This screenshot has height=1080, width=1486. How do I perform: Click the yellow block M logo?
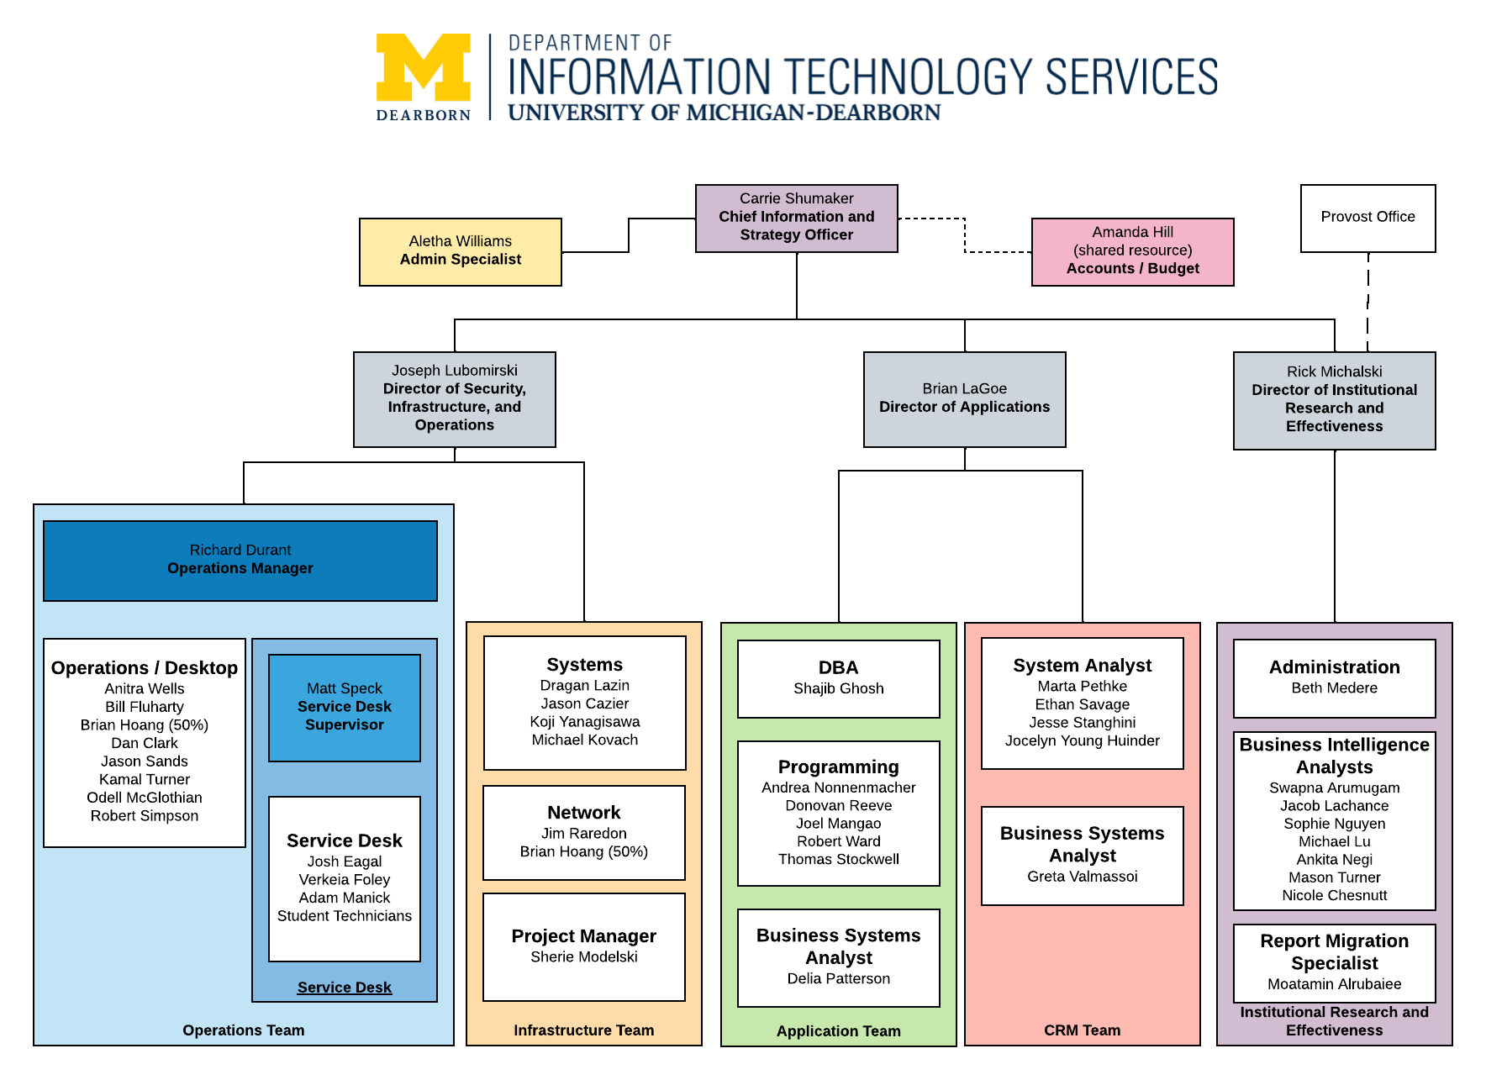click(x=423, y=68)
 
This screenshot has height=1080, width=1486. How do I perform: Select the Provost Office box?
click(x=1367, y=218)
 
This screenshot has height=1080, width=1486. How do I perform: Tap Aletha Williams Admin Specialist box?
click(x=460, y=251)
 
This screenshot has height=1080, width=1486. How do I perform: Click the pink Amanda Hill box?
click(x=1132, y=251)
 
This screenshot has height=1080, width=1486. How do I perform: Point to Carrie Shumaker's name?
click(x=796, y=198)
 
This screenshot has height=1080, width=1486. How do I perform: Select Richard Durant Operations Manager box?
click(x=240, y=560)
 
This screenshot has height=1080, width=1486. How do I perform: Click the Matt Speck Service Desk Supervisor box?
click(x=345, y=707)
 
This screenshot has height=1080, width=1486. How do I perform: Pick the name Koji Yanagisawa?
click(x=584, y=721)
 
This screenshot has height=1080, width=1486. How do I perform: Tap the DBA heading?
click(x=838, y=667)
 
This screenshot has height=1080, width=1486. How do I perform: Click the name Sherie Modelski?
click(x=584, y=956)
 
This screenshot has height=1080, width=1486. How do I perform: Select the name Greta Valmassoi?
click(x=1082, y=877)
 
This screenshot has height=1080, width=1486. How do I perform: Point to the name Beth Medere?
click(x=1334, y=688)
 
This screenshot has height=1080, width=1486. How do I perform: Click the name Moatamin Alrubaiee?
click(x=1334, y=983)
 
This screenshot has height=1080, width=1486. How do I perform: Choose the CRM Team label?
click(x=1082, y=1030)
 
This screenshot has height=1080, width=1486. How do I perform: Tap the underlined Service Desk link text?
click(x=345, y=988)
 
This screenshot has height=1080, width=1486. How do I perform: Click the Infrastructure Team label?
click(x=584, y=1030)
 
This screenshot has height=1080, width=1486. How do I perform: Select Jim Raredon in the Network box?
click(x=584, y=833)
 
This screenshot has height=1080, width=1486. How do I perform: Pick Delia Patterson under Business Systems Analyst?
click(x=838, y=978)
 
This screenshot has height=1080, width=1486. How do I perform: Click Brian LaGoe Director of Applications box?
click(x=964, y=398)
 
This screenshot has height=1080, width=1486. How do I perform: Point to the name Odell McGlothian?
click(x=145, y=798)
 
